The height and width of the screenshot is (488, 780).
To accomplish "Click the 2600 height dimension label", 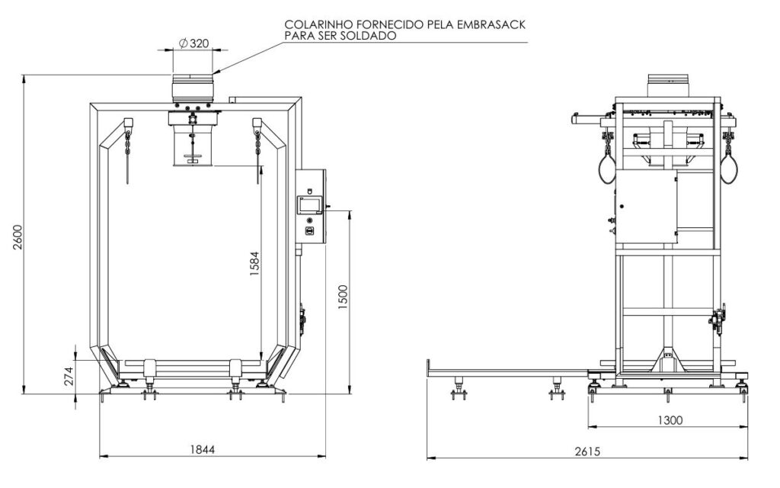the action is pos(17,238).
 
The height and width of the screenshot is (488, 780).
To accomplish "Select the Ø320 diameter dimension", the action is pos(193,43).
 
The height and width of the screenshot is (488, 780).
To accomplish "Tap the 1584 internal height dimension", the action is pos(254,264).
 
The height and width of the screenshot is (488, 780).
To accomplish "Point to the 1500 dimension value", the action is pos(343,297).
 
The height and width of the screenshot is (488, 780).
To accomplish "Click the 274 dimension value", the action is pos(69,376).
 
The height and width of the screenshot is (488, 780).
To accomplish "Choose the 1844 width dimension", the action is pos(203,449).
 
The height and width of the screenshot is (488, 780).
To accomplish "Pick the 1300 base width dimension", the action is pos(670,420).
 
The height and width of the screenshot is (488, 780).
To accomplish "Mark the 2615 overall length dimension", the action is pos(587,451).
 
